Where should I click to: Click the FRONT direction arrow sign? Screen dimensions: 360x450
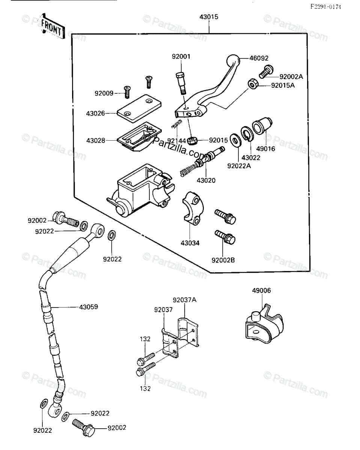pos(52,27)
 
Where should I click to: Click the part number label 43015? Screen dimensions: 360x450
pos(209,17)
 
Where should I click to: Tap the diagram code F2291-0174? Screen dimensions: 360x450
pos(326,7)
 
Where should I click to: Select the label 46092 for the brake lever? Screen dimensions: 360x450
pos(259,58)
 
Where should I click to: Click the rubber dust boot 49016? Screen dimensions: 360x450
pos(262,126)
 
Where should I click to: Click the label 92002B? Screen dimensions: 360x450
pos(223,260)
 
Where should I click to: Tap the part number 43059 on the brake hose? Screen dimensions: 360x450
pos(89,307)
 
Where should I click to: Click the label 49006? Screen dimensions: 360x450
pos(261,291)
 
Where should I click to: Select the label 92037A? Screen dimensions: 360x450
pos(185,300)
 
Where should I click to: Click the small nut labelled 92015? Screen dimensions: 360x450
pos(192,141)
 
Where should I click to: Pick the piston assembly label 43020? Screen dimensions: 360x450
pos(206,180)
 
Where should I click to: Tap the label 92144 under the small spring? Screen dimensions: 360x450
pos(176,141)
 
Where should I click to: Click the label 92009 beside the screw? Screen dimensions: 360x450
pos(104,93)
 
